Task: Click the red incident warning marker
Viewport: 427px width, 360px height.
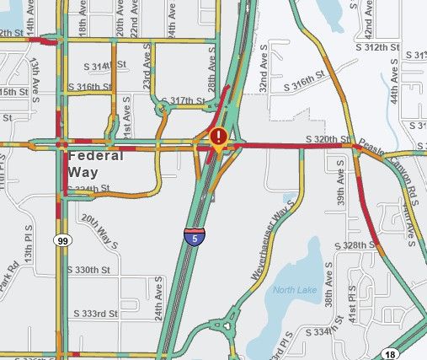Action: [x=219, y=137]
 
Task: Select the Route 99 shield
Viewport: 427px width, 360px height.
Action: [x=62, y=241]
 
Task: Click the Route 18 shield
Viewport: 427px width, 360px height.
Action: [x=390, y=354]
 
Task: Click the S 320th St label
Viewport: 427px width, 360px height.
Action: [x=327, y=138]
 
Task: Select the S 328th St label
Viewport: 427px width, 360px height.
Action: [x=354, y=244]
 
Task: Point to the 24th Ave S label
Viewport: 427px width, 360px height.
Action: [x=157, y=302]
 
